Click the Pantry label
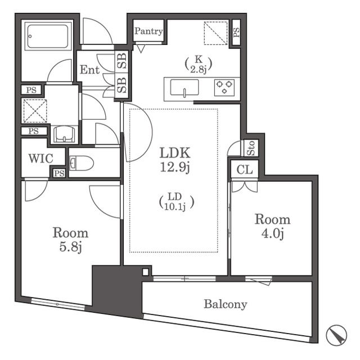tap(148, 31)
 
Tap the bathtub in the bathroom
tap(48, 36)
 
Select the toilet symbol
tap(81, 163)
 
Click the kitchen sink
tap(184, 87)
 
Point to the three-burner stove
tap(224, 88)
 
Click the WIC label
tap(40, 159)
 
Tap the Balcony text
tap(226, 304)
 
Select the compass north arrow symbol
tap(336, 335)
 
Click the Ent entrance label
tap(89, 70)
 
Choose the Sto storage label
tap(251, 148)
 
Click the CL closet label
tap(245, 170)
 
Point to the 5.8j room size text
tap(70, 247)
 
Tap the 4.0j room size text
tap(272, 234)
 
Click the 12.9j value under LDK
tap(175, 167)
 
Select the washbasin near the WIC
tap(64, 134)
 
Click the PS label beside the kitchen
tap(236, 33)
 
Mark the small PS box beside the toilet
tap(59, 173)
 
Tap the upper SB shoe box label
tap(121, 61)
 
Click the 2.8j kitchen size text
tap(199, 69)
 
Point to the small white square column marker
tap(146, 272)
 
